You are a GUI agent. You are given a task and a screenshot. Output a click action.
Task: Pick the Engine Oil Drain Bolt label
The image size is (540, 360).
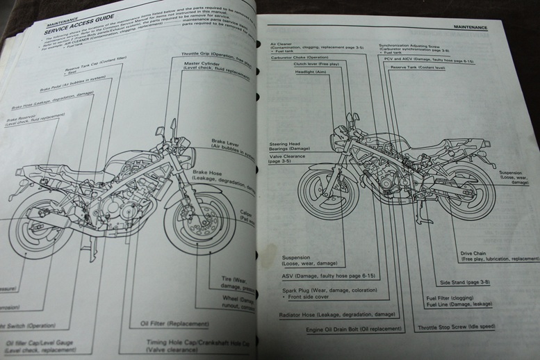pos(353,329)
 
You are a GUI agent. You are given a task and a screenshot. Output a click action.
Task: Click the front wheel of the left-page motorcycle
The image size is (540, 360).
pos(198,221)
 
